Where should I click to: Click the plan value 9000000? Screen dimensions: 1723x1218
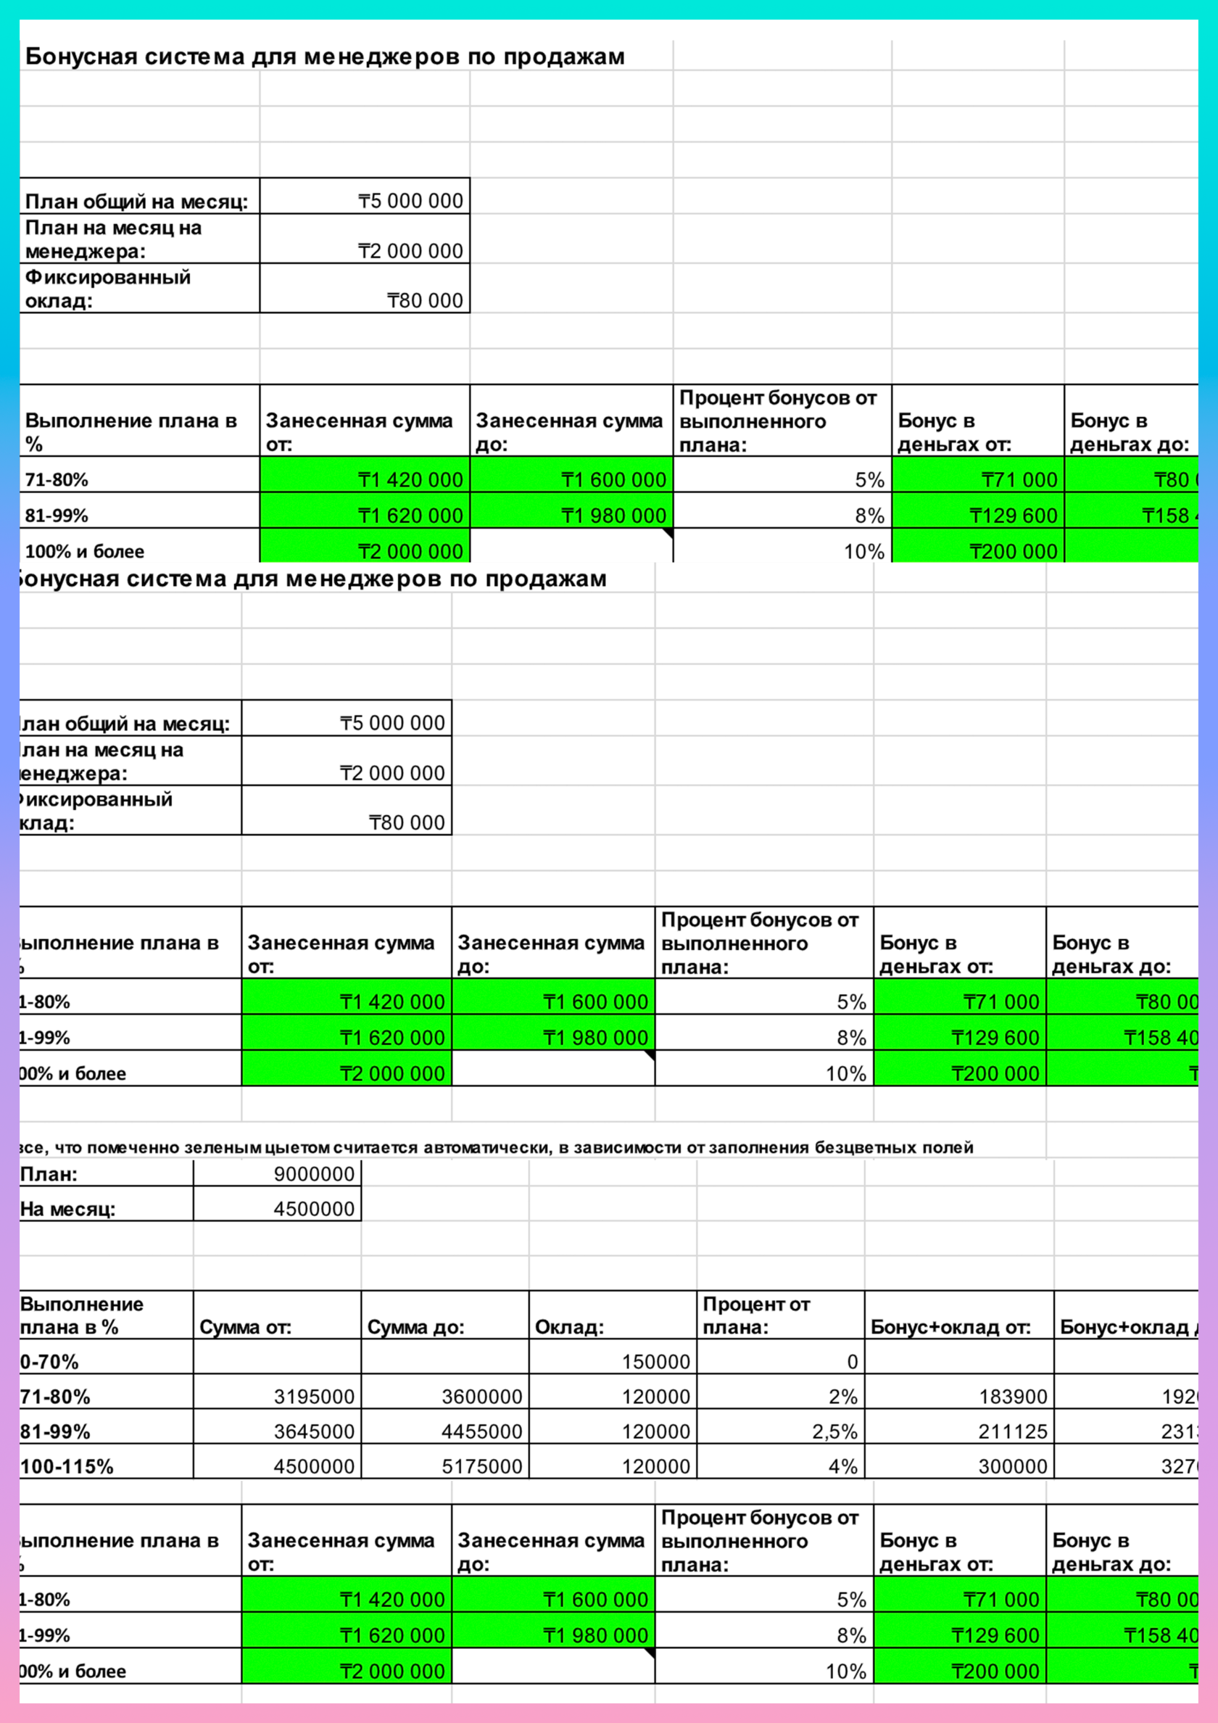click(x=314, y=1173)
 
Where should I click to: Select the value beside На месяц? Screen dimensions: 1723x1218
click(x=314, y=1209)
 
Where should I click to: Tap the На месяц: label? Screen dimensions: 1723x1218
click(x=67, y=1209)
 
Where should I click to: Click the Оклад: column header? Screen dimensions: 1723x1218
click(x=569, y=1328)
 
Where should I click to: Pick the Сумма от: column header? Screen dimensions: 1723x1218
click(x=244, y=1328)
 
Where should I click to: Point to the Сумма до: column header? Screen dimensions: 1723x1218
click(x=415, y=1328)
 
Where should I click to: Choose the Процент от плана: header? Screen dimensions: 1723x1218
click(x=755, y=1315)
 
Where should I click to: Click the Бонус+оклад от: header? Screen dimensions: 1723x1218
click(x=950, y=1328)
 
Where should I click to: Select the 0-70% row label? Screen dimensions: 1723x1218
click(x=49, y=1362)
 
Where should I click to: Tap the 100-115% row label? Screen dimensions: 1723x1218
click(x=67, y=1466)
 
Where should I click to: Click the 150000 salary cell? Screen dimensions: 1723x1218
click(x=655, y=1362)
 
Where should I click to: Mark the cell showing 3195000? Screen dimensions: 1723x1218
click(x=314, y=1397)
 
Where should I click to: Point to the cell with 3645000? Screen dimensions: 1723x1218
click(x=314, y=1431)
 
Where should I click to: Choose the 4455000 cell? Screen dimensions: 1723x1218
click(x=481, y=1431)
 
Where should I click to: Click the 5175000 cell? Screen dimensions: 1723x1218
click(x=481, y=1466)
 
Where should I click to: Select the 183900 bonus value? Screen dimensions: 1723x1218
click(x=1012, y=1397)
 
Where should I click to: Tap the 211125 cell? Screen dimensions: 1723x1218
click(x=1012, y=1431)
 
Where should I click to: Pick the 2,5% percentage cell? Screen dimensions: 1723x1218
click(x=834, y=1431)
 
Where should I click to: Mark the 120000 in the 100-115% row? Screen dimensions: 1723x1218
click(x=655, y=1466)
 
